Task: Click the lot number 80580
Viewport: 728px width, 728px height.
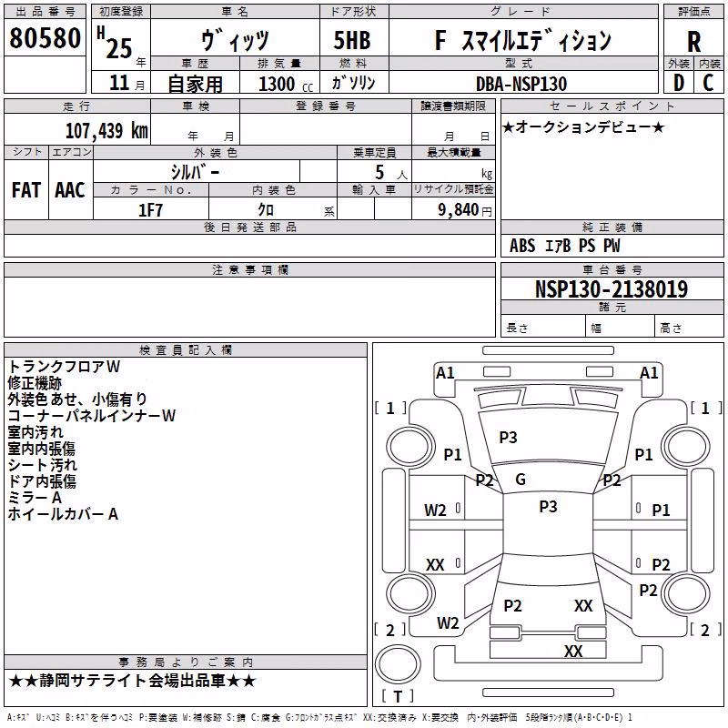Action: click(45, 38)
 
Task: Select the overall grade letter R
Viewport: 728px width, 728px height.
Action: click(693, 42)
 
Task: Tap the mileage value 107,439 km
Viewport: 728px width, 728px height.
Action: click(106, 130)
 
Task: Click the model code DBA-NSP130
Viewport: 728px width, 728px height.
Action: click(521, 84)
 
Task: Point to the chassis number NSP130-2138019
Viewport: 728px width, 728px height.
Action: click(612, 288)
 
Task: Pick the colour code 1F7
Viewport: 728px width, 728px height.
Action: click(150, 210)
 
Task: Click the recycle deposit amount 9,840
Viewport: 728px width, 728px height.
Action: click(459, 210)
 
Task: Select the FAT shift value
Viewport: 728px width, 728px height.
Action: click(26, 190)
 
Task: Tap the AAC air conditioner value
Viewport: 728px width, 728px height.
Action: click(70, 190)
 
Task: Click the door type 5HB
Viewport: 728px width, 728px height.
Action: click(352, 40)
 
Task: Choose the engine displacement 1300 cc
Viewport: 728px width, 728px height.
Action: click(286, 84)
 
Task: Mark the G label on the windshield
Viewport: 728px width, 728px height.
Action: click(521, 480)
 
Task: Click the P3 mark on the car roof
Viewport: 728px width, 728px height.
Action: click(548, 507)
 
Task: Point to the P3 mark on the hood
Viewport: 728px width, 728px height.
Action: click(508, 437)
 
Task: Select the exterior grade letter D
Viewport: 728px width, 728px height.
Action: click(679, 83)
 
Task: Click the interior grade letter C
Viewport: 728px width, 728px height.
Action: click(708, 83)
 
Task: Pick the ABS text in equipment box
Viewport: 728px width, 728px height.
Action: click(522, 246)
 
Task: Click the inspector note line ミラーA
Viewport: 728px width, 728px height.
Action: click(35, 498)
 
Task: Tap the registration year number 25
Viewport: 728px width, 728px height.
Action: click(119, 48)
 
